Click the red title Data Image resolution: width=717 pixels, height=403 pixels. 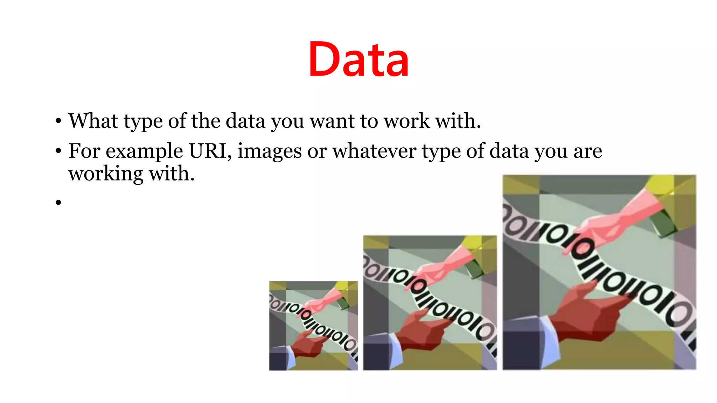coord(358,59)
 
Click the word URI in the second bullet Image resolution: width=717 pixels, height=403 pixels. coord(210,151)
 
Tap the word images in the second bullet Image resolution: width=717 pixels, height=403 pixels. coord(270,151)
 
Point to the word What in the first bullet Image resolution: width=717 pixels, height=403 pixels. coord(93,121)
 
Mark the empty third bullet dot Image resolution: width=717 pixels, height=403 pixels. coord(58,202)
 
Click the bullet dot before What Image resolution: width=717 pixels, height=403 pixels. coord(58,121)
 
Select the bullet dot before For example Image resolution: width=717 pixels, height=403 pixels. coord(58,151)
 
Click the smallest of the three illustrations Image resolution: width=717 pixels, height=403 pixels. coord(313,325)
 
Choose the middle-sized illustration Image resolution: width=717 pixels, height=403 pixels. coord(430,303)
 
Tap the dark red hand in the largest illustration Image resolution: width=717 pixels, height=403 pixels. coord(588,315)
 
